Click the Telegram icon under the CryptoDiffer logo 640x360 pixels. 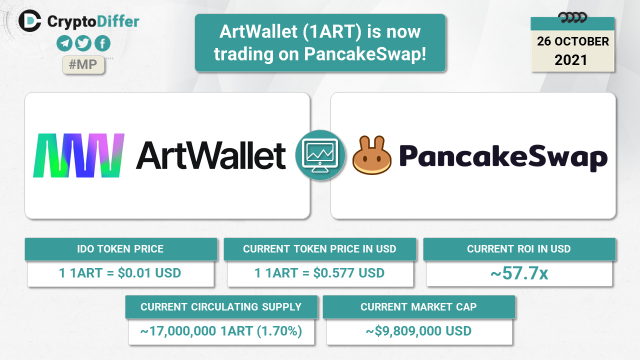click(64, 43)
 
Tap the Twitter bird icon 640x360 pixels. click(83, 43)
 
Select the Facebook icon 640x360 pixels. click(102, 43)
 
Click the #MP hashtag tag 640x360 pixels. click(83, 65)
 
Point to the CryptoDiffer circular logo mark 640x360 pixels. click(30, 21)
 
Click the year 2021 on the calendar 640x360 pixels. click(571, 60)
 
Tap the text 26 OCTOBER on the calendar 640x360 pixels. click(573, 41)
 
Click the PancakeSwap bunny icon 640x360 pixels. click(371, 155)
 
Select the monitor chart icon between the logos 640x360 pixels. click(320, 155)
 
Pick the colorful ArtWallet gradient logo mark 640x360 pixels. click(79, 155)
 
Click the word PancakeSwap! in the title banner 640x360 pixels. click(365, 54)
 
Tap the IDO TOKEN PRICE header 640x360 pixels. click(120, 249)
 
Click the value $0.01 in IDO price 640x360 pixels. click(134, 273)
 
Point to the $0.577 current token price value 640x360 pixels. click(334, 273)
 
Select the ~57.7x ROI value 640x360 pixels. click(519, 273)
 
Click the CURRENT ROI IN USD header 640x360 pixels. click(519, 249)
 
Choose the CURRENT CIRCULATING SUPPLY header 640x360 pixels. click(221, 307)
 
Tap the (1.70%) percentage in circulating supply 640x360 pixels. click(279, 331)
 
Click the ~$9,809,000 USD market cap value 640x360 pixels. click(418, 331)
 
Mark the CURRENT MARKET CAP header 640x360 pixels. click(418, 307)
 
